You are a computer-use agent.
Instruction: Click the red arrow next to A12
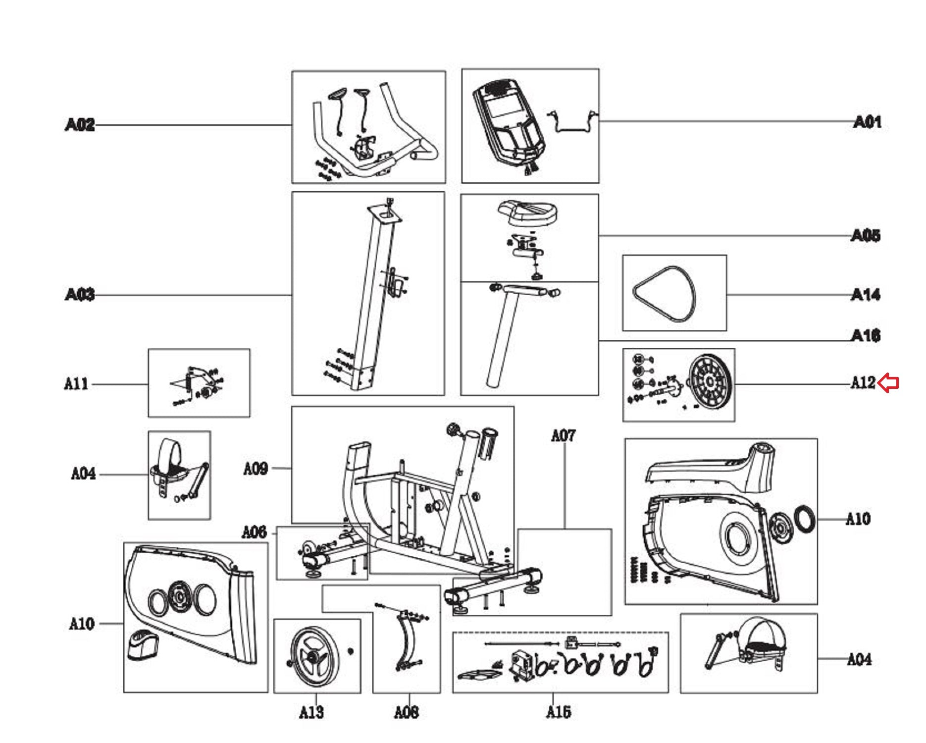pyautogui.click(x=889, y=383)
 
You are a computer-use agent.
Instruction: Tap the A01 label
pyautogui.click(x=867, y=122)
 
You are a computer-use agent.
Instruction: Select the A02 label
pyautogui.click(x=79, y=124)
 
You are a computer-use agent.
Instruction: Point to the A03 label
pyautogui.click(x=79, y=295)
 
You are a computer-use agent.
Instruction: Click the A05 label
pyautogui.click(x=866, y=235)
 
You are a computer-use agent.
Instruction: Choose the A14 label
pyautogui.click(x=866, y=295)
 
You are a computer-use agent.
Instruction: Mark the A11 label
pyautogui.click(x=76, y=384)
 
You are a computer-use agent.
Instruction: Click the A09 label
pyautogui.click(x=255, y=468)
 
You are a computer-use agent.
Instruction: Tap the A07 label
pyautogui.click(x=564, y=435)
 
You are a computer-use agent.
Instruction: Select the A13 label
pyautogui.click(x=311, y=712)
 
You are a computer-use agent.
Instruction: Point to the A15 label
pyautogui.click(x=559, y=712)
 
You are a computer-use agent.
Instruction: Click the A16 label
pyautogui.click(x=866, y=336)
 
